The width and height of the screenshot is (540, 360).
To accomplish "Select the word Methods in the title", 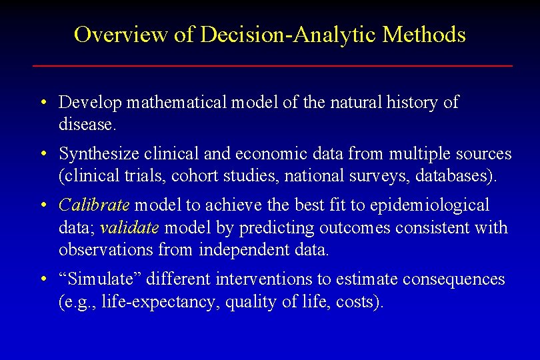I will [x=424, y=34].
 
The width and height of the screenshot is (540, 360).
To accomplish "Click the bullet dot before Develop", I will [x=42, y=103].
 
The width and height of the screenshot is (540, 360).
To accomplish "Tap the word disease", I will [x=87, y=125].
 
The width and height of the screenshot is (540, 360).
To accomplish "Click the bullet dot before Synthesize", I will [x=42, y=155].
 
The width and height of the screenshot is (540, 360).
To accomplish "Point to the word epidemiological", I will [x=424, y=205].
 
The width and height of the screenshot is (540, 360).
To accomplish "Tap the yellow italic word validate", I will [x=129, y=228].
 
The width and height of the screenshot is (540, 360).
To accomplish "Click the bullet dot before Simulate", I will [x=42, y=280].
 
